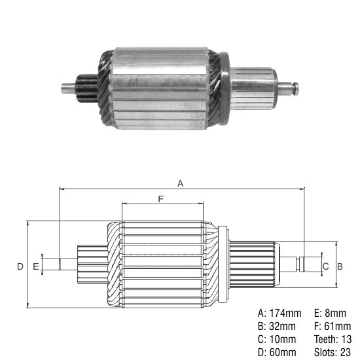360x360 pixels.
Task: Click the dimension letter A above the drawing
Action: click(181, 184)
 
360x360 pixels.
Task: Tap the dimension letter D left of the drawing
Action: click(20, 266)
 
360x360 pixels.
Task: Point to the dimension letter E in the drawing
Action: click(35, 266)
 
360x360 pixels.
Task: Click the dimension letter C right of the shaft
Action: click(325, 266)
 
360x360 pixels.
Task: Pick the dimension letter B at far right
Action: click(340, 266)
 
